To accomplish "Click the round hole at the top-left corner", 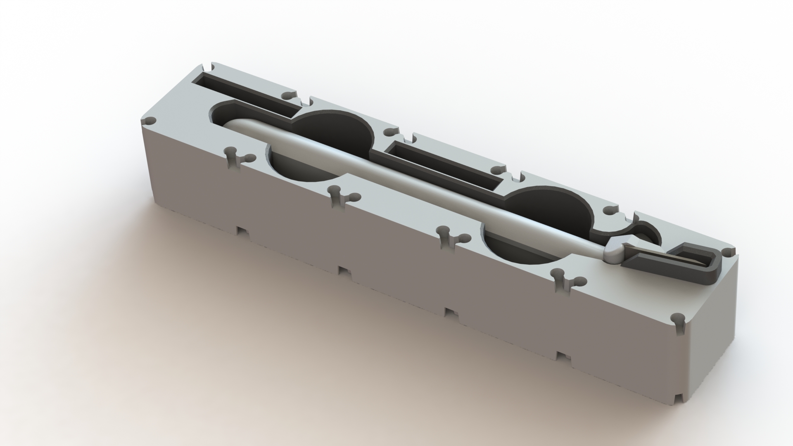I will [151, 120].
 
